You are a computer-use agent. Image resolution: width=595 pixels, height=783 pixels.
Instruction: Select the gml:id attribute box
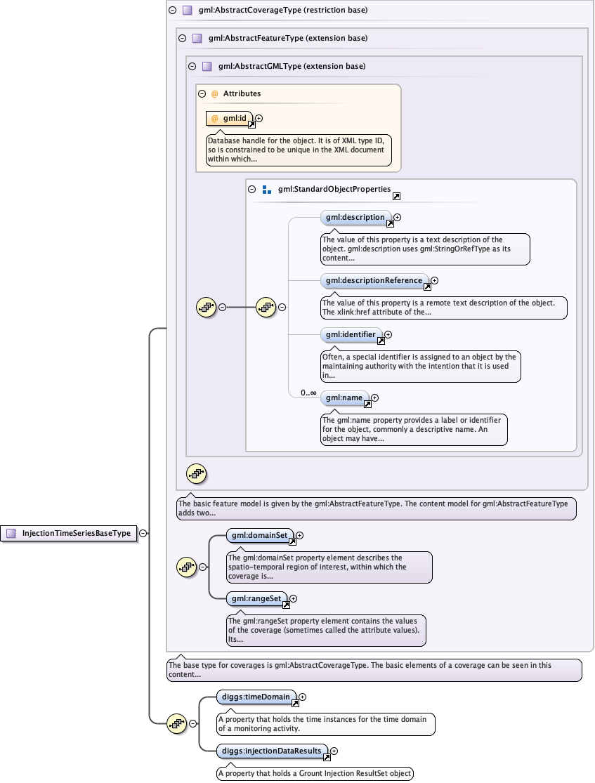230,119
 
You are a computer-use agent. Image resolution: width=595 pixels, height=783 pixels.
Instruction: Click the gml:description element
355,218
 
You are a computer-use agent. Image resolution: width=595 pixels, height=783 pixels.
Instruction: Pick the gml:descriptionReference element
374,280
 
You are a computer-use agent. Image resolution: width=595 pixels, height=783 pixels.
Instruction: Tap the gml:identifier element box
351,334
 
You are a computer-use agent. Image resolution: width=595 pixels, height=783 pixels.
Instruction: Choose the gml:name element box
344,398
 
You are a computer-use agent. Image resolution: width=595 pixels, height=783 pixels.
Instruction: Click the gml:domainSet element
259,536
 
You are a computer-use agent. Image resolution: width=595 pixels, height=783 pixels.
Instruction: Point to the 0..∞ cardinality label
308,393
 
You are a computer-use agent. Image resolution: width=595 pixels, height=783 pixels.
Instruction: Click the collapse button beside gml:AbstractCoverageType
173,11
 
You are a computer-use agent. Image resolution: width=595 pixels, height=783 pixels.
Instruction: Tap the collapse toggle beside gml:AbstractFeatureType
183,38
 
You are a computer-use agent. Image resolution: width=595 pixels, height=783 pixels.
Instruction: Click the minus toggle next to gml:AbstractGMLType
192,66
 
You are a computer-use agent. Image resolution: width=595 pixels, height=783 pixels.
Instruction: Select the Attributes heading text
242,93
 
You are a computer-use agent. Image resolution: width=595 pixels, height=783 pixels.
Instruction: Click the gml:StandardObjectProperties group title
334,189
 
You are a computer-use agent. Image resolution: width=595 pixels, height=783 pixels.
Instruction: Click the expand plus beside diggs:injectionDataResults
334,751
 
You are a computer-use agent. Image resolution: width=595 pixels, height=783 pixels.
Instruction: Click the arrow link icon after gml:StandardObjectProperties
396,197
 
